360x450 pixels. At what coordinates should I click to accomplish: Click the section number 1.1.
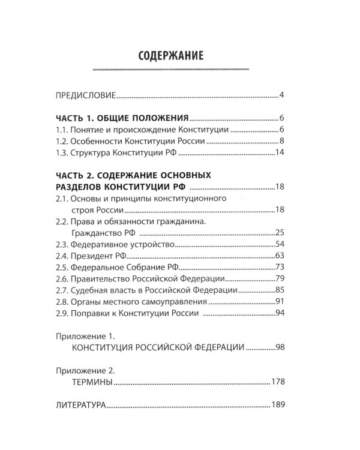tap(63, 130)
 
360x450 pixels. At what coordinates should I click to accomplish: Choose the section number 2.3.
tap(63, 245)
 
